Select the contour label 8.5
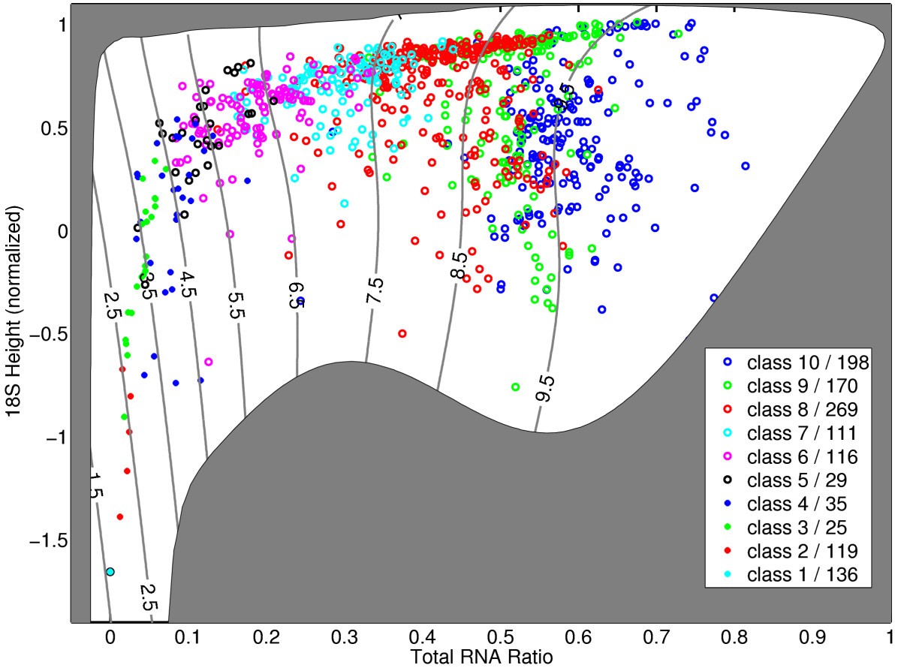[x=458, y=266]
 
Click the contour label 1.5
[x=95, y=486]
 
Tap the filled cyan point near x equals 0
[x=110, y=572]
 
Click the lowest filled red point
[x=119, y=517]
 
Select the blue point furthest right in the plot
[x=745, y=166]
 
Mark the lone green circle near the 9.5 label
[x=515, y=387]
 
